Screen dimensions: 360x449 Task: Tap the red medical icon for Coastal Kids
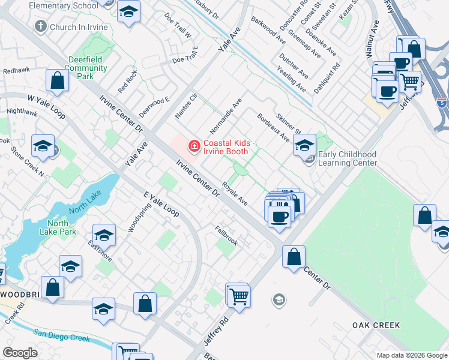pos(194,145)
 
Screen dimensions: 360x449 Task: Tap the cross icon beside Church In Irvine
pos(41,26)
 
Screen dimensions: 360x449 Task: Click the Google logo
pos(20,353)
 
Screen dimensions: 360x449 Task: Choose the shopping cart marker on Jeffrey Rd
pos(238,295)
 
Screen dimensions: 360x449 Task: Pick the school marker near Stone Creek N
pos(43,145)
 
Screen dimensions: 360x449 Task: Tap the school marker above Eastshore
pos(104,235)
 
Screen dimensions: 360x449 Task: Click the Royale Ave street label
pos(234,193)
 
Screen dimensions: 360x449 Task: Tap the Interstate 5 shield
pos(442,103)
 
